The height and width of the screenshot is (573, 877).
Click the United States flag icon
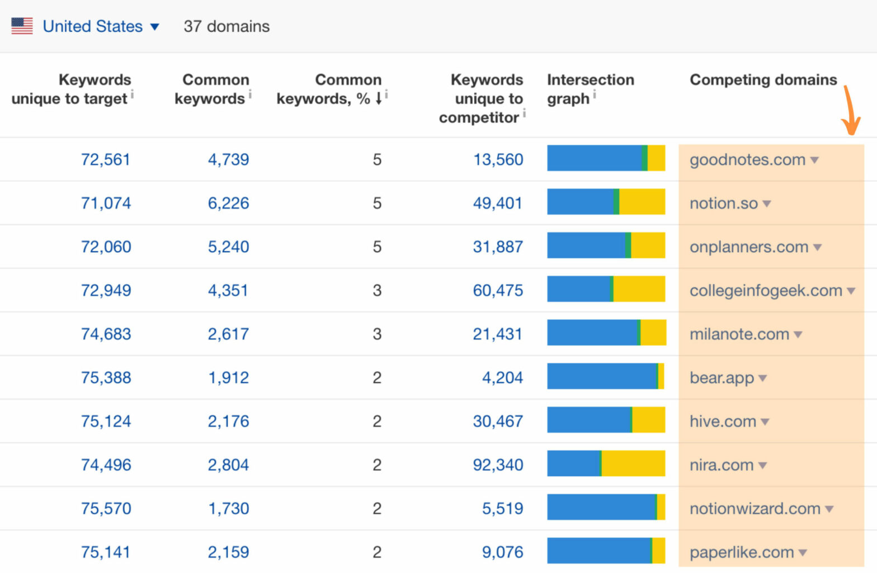(x=22, y=26)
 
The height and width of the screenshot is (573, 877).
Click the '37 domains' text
(x=227, y=26)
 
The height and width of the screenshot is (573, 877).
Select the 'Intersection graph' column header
(x=590, y=89)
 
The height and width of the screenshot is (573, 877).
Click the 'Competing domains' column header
(x=763, y=79)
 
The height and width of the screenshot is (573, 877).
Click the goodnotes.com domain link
(x=747, y=160)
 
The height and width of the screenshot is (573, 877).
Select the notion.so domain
(x=724, y=203)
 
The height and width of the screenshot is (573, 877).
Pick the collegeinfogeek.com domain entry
(x=766, y=291)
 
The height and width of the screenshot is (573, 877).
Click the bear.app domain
(x=722, y=378)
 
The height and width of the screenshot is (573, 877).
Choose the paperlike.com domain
(x=742, y=552)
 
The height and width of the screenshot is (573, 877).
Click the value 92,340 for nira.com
(x=498, y=465)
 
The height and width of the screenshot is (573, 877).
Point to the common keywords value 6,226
(x=228, y=203)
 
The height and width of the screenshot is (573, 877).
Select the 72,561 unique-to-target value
(x=105, y=160)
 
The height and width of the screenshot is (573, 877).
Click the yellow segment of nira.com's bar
(x=633, y=463)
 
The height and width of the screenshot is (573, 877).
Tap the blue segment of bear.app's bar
(x=601, y=376)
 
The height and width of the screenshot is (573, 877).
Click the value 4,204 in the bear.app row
(x=502, y=378)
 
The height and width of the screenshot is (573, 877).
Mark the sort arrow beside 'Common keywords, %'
(x=379, y=98)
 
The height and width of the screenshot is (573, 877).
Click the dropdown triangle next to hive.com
(x=765, y=422)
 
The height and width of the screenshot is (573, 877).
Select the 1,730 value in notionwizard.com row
(x=228, y=509)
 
